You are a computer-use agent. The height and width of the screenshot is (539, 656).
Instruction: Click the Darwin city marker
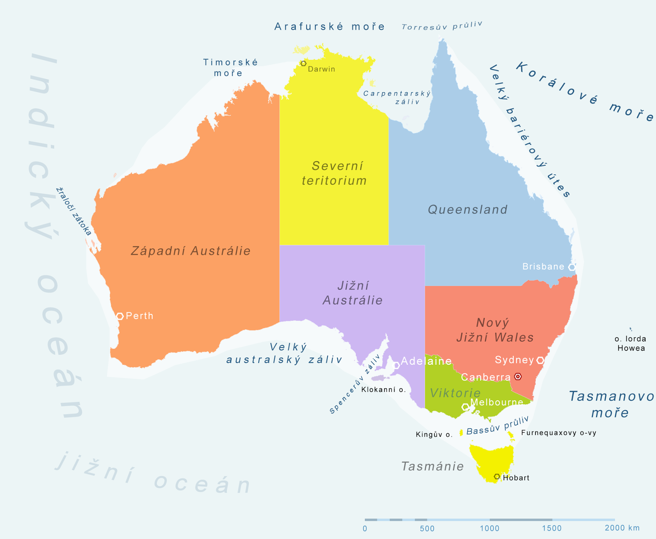point(303,64)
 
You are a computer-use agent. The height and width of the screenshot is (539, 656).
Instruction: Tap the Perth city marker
point(120,316)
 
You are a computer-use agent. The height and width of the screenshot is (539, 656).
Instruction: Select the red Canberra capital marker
point(518,376)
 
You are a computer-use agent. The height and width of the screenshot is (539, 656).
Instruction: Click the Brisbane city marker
point(572,267)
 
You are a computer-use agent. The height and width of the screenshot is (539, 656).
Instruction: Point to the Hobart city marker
point(497,477)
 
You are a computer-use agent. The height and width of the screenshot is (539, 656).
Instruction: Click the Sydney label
point(514,360)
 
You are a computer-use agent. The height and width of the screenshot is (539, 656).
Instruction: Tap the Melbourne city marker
point(465,407)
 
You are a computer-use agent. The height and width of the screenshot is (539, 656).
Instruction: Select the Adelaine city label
point(426,361)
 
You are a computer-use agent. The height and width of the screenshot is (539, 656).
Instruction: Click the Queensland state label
point(467,209)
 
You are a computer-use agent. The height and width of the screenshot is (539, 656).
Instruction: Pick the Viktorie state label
point(455,393)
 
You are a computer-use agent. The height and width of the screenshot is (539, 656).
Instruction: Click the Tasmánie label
point(432,466)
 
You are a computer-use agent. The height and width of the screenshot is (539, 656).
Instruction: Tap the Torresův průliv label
point(442,26)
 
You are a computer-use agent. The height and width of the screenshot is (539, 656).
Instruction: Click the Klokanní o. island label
point(383,389)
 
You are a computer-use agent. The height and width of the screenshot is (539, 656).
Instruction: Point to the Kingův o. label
point(434,434)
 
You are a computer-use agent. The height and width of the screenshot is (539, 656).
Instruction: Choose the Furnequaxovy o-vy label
point(558,433)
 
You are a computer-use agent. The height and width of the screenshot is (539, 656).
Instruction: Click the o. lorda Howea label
point(631,343)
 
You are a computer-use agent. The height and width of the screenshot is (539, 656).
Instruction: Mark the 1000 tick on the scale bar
point(490,528)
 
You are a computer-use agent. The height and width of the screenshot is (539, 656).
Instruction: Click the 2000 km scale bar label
point(622,528)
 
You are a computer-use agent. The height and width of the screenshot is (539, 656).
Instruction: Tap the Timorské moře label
point(230,68)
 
